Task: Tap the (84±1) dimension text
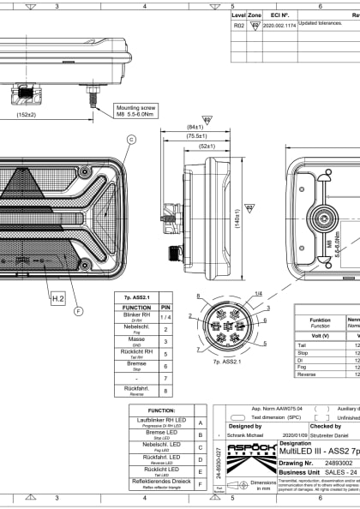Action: (x=196, y=127)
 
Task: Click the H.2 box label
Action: (x=58, y=274)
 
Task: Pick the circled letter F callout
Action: (x=79, y=311)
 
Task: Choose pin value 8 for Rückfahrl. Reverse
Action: (x=166, y=389)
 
